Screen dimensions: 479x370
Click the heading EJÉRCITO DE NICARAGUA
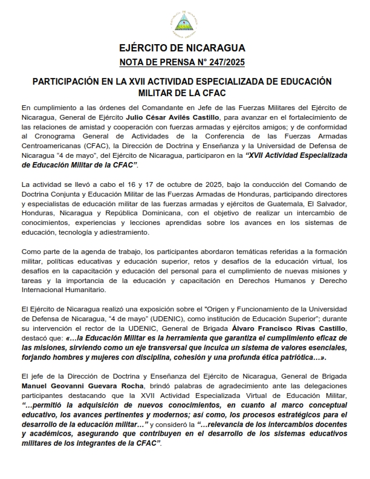point(184,48)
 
